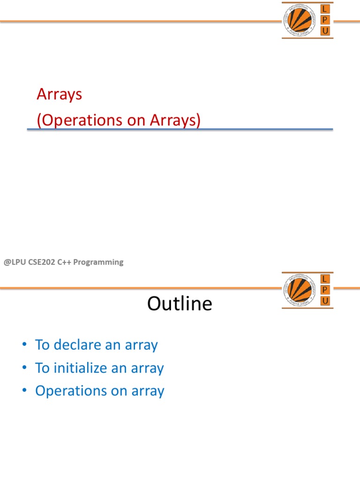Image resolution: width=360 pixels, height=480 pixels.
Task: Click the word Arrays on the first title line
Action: (60, 94)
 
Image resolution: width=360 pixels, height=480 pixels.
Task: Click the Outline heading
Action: (180, 304)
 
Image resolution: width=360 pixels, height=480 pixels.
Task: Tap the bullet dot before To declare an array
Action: (24, 345)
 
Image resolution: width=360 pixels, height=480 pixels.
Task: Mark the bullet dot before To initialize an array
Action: (24, 368)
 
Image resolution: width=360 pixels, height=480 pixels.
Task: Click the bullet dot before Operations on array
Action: (24, 391)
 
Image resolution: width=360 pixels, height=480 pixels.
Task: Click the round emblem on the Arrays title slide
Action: (300, 21)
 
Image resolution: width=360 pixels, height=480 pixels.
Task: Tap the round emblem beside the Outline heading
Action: (300, 290)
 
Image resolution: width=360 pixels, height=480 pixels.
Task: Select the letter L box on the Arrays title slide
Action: (325, 9)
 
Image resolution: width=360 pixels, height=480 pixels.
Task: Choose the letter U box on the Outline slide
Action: (325, 301)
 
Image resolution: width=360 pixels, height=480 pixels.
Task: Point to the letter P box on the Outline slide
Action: (325, 290)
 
